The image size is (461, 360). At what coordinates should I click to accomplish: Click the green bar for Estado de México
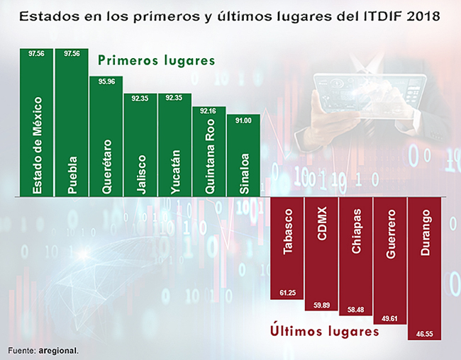coord(38,124)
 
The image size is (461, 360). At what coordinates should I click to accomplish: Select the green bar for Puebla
coord(72,124)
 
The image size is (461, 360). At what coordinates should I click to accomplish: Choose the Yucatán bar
coord(175,145)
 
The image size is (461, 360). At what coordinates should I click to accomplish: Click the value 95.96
coord(106,81)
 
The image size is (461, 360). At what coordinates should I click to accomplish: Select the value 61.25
coord(288,293)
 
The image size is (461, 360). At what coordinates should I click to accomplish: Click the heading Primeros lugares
coord(156,61)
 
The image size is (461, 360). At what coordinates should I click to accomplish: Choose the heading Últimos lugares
coord(326,331)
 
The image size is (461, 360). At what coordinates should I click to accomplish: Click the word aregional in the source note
coord(59,350)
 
